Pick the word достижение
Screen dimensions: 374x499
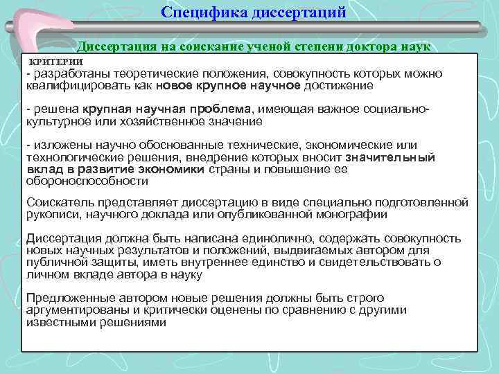point(338,86)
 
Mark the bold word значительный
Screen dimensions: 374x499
point(391,157)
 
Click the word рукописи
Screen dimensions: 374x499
point(51,215)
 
